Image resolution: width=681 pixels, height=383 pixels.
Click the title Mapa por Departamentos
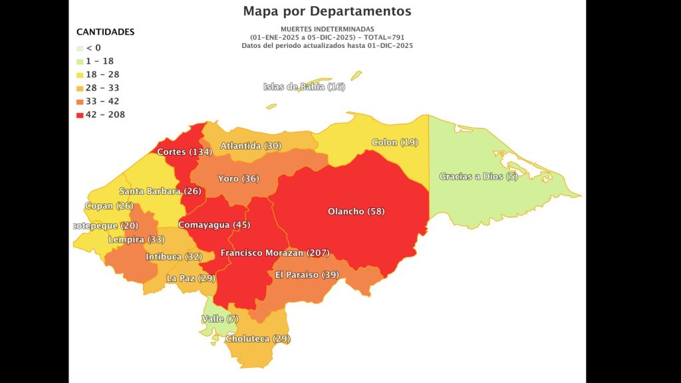(x=327, y=11)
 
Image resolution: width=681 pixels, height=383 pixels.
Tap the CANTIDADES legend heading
(x=105, y=32)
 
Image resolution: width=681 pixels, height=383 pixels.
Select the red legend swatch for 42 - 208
(x=80, y=115)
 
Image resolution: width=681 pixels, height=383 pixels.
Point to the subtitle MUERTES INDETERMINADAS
(x=327, y=30)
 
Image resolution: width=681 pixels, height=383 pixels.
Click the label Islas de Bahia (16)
(x=304, y=86)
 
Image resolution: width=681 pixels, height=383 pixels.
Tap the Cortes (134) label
(x=184, y=152)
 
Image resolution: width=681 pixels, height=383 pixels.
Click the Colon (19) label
(x=394, y=142)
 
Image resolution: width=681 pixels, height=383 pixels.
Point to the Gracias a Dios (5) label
(x=477, y=176)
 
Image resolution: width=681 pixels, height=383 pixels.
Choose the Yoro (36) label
(x=238, y=179)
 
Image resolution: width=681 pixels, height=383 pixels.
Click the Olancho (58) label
(x=356, y=211)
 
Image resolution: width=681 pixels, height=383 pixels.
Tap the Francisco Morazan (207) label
(x=275, y=253)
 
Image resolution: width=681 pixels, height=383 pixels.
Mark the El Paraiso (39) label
(x=307, y=275)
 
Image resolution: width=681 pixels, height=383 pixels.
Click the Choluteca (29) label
(x=257, y=339)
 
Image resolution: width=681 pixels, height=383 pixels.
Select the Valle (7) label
(x=219, y=319)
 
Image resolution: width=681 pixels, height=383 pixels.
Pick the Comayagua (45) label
(x=205, y=225)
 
